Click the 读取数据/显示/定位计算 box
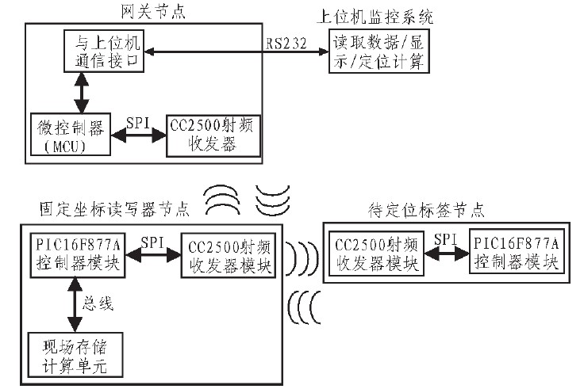[x=380, y=54]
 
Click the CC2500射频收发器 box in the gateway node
[x=211, y=135]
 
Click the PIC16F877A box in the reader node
[x=78, y=254]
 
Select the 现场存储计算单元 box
[x=77, y=356]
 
